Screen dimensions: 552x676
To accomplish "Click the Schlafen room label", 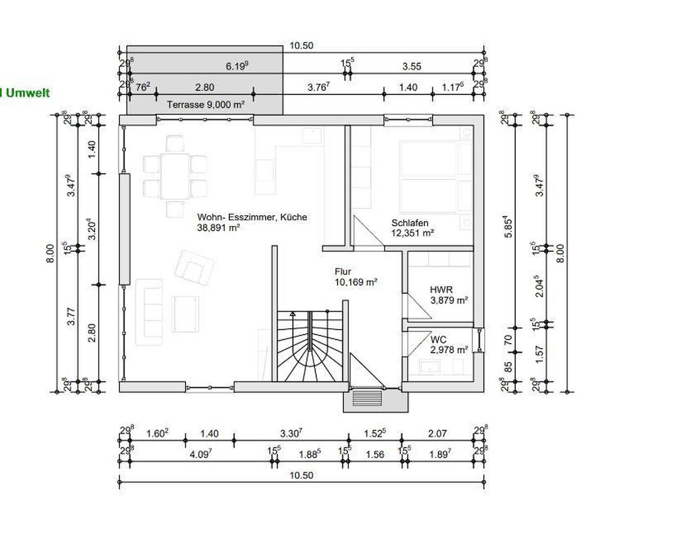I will (409, 223).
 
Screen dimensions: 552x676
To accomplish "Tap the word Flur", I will (342, 272).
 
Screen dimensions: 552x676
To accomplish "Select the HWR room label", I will (441, 290).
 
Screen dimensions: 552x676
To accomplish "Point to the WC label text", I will (438, 339).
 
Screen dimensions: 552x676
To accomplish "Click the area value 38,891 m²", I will (219, 228).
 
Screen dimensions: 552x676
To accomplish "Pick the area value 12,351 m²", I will (412, 233).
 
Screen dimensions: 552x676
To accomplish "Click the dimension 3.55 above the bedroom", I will (411, 66).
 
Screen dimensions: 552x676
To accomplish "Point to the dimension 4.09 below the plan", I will (201, 454).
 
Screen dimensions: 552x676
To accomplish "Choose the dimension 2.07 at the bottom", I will (437, 433).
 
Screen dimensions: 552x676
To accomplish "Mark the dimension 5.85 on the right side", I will (508, 226).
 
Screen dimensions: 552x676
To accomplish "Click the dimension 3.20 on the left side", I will (92, 229).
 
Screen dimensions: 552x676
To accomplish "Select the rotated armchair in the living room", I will (194, 267).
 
